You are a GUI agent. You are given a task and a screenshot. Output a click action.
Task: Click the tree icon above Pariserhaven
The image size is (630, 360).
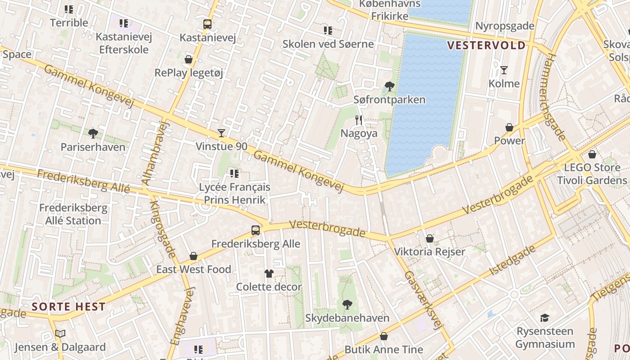[x=93, y=133]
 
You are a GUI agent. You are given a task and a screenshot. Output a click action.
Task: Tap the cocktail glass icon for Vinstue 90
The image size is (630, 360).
[x=221, y=133]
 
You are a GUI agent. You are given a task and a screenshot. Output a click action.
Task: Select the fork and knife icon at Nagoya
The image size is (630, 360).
[x=359, y=120]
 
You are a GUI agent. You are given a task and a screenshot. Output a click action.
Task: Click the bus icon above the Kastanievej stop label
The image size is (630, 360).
[x=207, y=24]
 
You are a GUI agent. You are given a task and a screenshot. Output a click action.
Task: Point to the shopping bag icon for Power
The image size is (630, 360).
[x=509, y=127]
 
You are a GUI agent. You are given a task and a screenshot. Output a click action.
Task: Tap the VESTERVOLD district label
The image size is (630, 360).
[x=486, y=45]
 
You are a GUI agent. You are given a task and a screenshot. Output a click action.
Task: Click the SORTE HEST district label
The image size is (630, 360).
[x=69, y=307]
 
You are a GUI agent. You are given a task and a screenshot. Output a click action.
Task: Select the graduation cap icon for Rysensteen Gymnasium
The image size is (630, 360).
[x=544, y=318]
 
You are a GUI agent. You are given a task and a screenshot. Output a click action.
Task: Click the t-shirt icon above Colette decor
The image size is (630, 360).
[x=269, y=273]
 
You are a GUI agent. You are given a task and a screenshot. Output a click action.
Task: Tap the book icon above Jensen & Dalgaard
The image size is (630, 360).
[x=60, y=333]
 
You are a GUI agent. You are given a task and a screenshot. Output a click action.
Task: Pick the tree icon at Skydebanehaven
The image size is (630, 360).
[x=347, y=305]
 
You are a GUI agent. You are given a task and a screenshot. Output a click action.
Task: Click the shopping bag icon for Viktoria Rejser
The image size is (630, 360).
[x=429, y=238]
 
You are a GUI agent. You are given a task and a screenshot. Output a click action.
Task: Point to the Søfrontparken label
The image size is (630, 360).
[x=389, y=99]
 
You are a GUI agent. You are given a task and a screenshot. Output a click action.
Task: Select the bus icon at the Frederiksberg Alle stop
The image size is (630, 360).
[x=255, y=230]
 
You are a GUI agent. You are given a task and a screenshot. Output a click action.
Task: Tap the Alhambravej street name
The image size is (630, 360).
[x=154, y=154]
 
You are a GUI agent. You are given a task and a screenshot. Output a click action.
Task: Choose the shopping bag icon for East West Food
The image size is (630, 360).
[x=193, y=256]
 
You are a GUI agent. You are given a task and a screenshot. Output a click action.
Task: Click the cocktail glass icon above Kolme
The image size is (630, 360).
[x=504, y=70]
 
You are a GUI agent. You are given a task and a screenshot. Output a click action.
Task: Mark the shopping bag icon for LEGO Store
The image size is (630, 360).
[x=592, y=154]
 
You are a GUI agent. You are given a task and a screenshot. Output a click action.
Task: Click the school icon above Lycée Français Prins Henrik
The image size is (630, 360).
[x=234, y=173]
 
